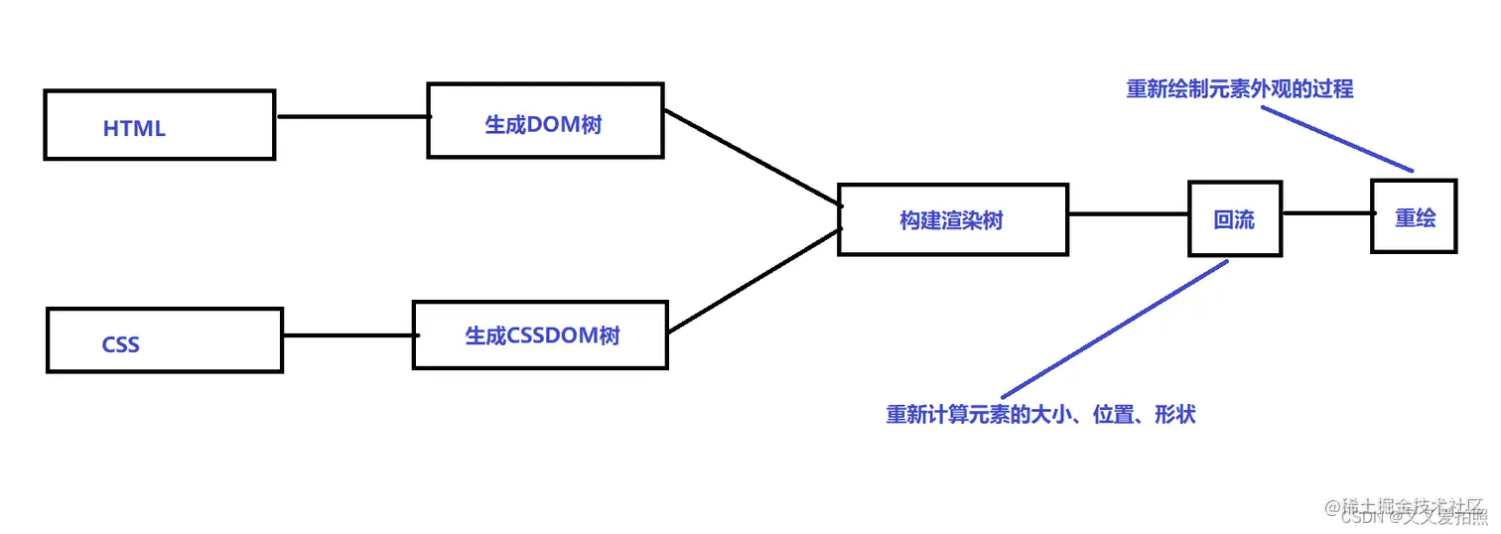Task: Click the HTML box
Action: click(x=159, y=124)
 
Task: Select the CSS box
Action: click(x=165, y=340)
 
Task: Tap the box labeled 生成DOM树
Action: click(x=545, y=120)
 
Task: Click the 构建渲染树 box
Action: click(x=952, y=219)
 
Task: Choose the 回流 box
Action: click(x=1235, y=218)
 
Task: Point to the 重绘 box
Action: click(x=1414, y=215)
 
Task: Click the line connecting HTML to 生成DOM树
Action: click(x=351, y=116)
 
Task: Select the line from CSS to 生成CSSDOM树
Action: click(x=347, y=335)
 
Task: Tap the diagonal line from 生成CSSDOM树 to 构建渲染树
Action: click(x=754, y=281)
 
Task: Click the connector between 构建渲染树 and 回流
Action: click(x=1129, y=213)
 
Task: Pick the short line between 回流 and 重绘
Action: click(x=1326, y=213)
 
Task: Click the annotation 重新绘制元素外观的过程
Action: click(x=1239, y=88)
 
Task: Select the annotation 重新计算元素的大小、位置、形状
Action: click(x=1040, y=414)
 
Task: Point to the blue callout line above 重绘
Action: click(x=1337, y=138)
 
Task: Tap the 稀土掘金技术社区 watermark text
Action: click(x=1412, y=505)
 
